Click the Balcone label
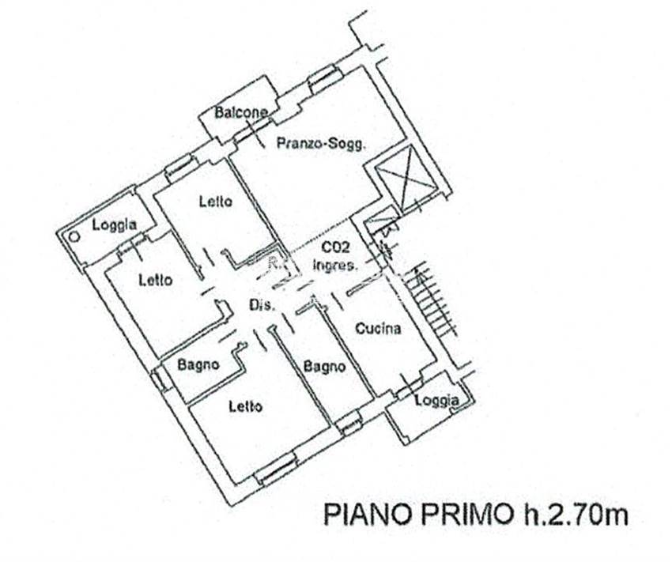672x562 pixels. pyautogui.click(x=240, y=113)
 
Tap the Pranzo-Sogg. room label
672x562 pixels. pyautogui.click(x=321, y=143)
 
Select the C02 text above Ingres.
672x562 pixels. pyautogui.click(x=335, y=248)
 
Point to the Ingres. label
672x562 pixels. pyautogui.click(x=334, y=265)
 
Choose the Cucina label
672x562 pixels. pyautogui.click(x=379, y=329)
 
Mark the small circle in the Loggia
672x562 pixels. pyautogui.click(x=74, y=236)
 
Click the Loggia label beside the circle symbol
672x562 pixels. pyautogui.click(x=115, y=224)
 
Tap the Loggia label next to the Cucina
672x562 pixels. pyautogui.click(x=437, y=401)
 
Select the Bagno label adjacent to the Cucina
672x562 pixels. pyautogui.click(x=324, y=367)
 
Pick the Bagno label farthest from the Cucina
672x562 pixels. pyautogui.click(x=198, y=365)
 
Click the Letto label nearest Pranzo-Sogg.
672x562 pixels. pyautogui.click(x=216, y=202)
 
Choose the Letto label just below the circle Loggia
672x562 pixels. pyautogui.click(x=156, y=280)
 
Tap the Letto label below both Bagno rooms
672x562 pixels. pyautogui.click(x=245, y=406)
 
